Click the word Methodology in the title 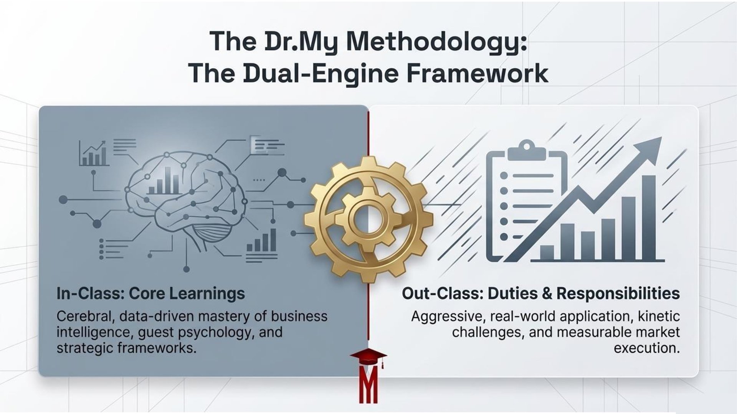coord(436,41)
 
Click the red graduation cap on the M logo coord(368,358)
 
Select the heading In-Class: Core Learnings coord(150,294)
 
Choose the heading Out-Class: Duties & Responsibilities coord(540,294)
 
